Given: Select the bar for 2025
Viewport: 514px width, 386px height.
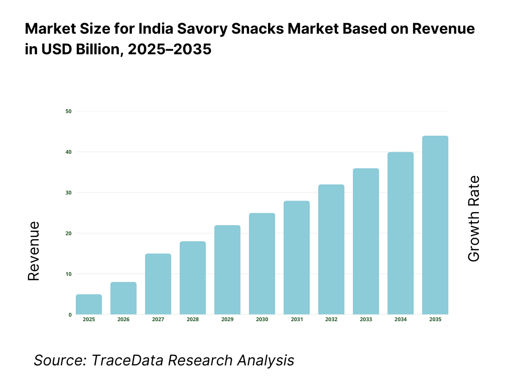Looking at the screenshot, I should coord(89,305).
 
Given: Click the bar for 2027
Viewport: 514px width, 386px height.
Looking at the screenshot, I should coord(158,284).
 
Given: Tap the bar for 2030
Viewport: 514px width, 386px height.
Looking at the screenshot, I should coord(262,264).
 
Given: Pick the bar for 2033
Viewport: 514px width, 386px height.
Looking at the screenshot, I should coord(366,241).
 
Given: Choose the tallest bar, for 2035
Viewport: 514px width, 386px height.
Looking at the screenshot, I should coord(435,225).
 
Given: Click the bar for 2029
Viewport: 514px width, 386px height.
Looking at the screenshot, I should coord(227,270).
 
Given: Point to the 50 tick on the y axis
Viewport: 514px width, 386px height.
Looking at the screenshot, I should coord(68,111).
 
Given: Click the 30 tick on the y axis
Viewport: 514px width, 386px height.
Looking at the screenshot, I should coord(68,192).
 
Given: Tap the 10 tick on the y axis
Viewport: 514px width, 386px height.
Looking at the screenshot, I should coord(68,274).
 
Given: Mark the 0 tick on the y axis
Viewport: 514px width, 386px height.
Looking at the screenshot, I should coord(70,315).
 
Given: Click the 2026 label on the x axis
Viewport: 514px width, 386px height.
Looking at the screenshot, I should coord(123,320).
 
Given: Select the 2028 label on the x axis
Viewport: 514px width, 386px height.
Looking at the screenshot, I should coord(193,320).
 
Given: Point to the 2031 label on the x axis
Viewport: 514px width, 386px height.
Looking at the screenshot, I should coord(297,320).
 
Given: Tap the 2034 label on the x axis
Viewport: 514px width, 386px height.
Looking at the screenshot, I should coord(401,320).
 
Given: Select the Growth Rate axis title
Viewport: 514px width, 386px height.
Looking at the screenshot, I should coord(473,219).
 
